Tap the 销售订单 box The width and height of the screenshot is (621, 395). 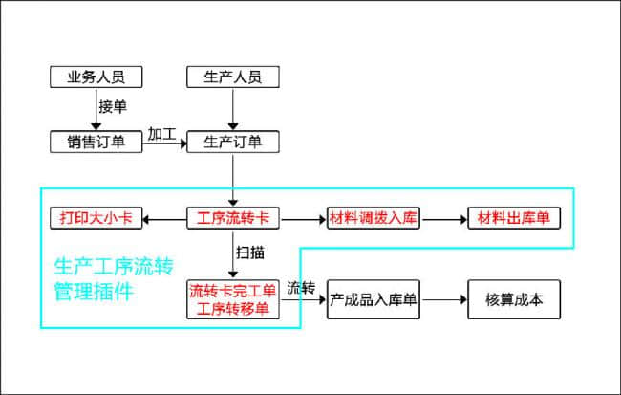pos(96,142)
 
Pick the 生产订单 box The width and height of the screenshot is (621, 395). pos(233,142)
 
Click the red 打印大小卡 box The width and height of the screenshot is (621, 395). pos(96,218)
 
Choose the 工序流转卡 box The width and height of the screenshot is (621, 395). pos(233,218)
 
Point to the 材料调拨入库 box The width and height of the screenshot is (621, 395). pos(375,218)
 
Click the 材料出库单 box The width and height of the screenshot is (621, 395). pos(513,218)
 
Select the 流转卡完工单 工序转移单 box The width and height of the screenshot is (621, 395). pos(233,298)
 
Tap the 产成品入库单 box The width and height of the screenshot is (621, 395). pos(375,299)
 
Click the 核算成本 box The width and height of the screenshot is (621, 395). pos(513,299)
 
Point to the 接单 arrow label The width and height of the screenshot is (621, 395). pos(113,107)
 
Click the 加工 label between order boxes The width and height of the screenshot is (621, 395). pos(161,134)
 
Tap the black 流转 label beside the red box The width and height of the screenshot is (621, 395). pos(301,287)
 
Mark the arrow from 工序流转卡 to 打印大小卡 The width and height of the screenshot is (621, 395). pos(164,218)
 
